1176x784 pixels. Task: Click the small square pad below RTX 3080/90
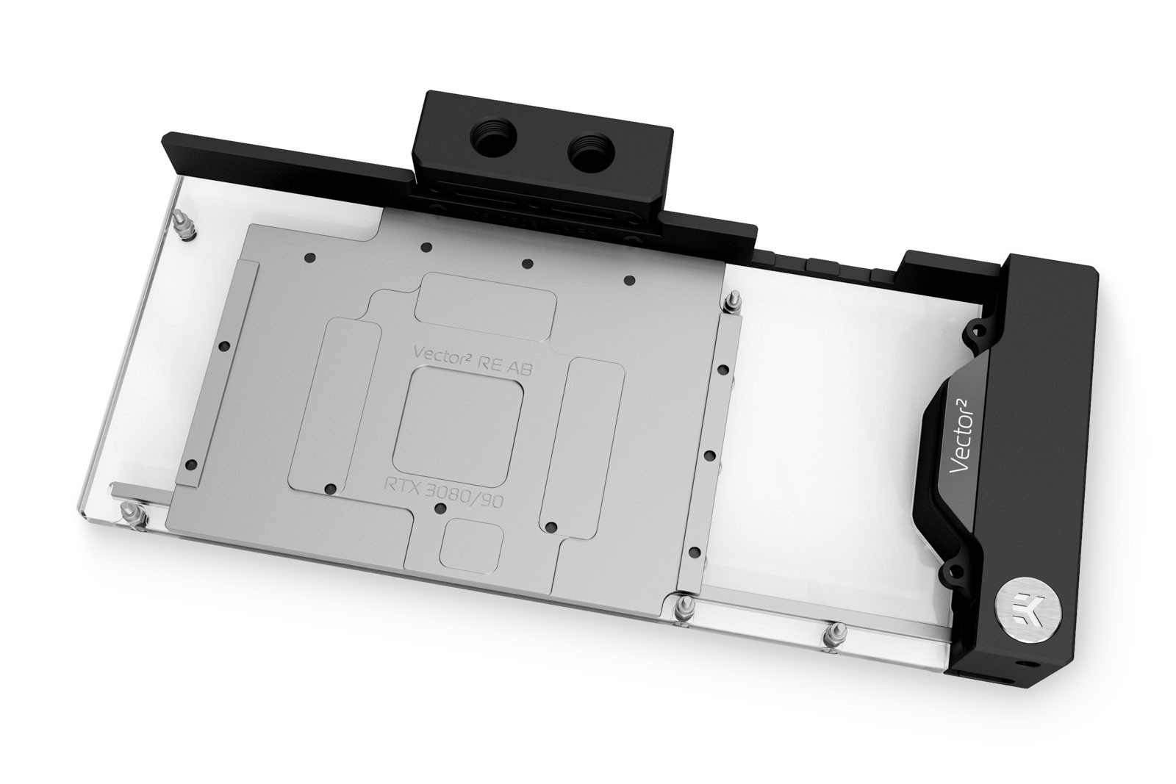pyautogui.click(x=471, y=546)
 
